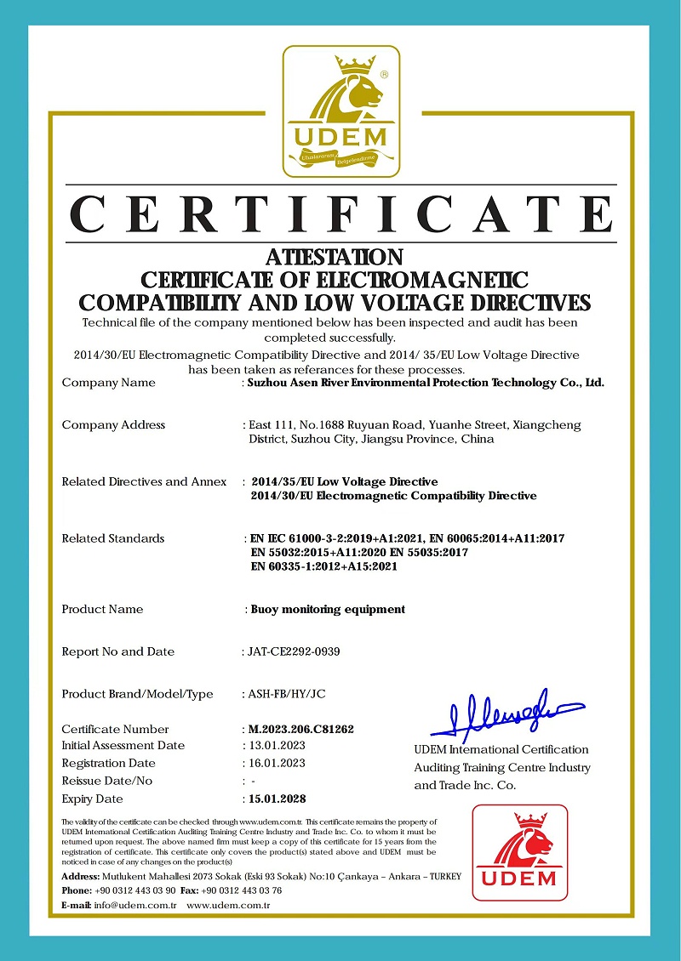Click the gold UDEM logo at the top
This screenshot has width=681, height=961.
coord(340,111)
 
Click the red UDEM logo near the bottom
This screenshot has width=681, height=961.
coord(519,853)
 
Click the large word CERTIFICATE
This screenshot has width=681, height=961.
coord(340,213)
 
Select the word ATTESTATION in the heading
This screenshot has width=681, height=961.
coord(334,257)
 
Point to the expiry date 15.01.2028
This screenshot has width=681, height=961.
coord(274,799)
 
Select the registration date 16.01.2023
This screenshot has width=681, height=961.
coord(273,763)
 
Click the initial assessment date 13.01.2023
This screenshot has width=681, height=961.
coord(273,745)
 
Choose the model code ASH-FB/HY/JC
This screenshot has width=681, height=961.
coord(286,694)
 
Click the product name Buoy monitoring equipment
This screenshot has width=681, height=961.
coord(328,609)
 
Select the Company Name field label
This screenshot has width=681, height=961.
coord(108,383)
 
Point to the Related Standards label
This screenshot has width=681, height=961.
coord(112,538)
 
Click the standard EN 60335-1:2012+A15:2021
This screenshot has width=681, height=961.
coord(324,566)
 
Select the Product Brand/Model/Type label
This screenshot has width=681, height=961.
coord(137,694)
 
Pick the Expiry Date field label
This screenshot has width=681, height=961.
coord(92,799)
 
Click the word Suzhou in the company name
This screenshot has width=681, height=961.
coord(266,383)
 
